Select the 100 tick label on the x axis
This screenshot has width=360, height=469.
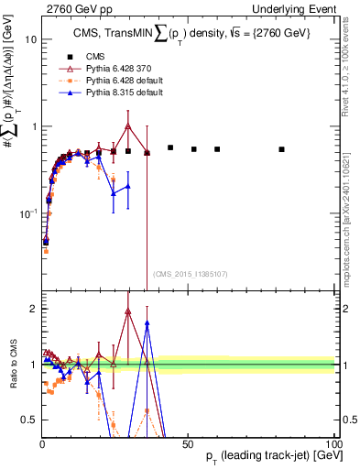coord(333,443)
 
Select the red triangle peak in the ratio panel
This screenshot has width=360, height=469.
coord(128,311)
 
